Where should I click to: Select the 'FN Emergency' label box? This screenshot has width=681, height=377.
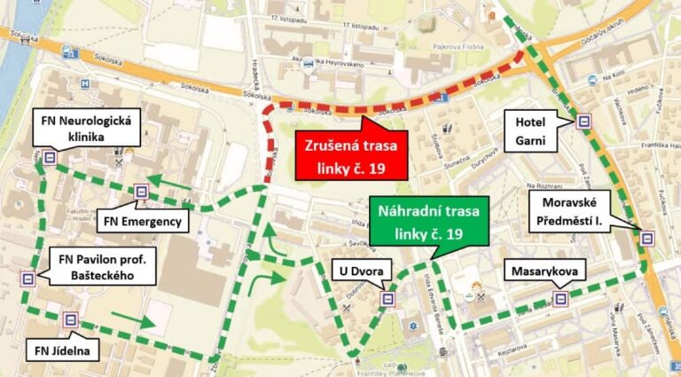point(142,220)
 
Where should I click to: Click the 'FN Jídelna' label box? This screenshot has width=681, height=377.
point(62,350)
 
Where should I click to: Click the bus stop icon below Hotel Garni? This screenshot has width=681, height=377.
point(583,122)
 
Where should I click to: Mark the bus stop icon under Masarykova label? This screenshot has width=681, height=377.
point(560,298)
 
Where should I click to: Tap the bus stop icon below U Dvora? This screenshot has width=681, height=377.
point(387,299)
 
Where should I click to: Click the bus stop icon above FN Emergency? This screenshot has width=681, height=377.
point(140,191)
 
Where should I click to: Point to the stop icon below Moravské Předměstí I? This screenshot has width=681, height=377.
point(648,238)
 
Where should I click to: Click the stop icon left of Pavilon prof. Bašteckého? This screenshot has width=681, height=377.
point(29,278)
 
